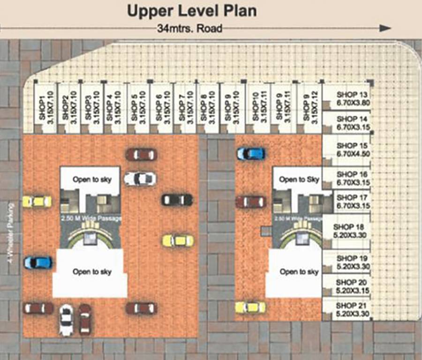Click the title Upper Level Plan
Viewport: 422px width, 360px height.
[x=192, y=11]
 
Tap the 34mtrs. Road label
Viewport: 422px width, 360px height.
[x=190, y=29]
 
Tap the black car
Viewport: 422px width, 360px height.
[x=177, y=200]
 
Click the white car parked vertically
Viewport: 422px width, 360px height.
[x=67, y=320]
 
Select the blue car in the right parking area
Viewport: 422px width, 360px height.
[x=251, y=153]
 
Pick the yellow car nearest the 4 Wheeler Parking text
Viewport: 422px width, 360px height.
[x=37, y=202]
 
